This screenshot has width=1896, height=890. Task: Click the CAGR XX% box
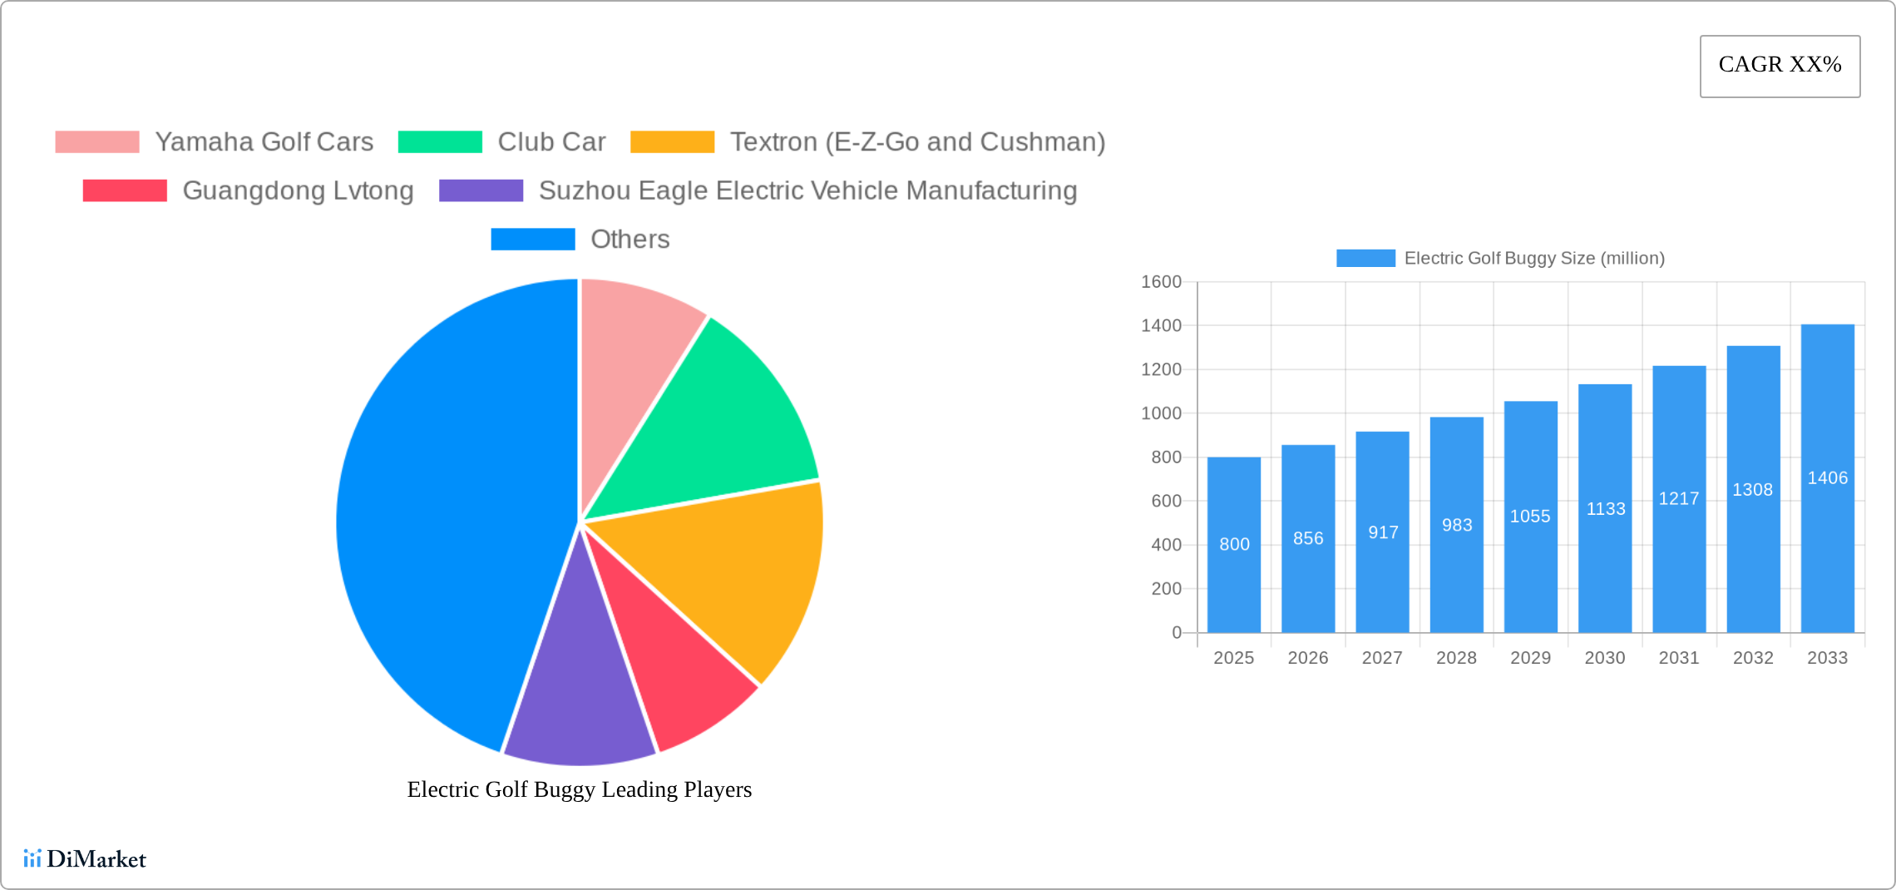coord(1780,66)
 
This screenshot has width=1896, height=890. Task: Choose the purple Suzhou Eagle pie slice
coord(578,699)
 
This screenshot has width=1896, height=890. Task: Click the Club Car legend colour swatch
coord(440,142)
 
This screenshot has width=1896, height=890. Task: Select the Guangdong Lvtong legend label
coord(298,190)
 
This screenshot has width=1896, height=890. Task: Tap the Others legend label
coord(630,240)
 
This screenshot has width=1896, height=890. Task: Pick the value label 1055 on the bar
coord(1530,517)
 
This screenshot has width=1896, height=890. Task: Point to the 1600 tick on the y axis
coord(1161,282)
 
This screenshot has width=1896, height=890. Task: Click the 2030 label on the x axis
coord(1604,658)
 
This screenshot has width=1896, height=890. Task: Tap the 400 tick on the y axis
coord(1166,545)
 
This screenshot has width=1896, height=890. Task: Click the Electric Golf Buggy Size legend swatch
coord(1365,259)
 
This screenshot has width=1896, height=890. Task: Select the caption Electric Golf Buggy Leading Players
coord(579,789)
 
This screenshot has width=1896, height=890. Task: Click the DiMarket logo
coord(85,858)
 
